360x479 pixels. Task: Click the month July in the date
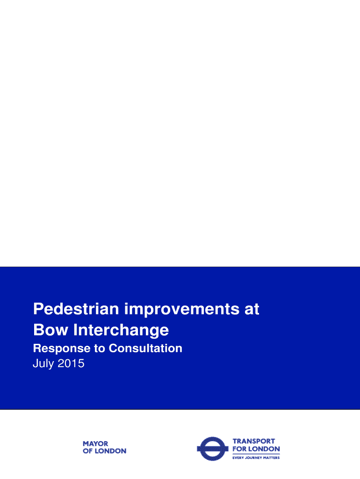coord(43,363)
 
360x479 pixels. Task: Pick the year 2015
coord(71,363)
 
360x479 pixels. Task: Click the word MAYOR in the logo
coord(95,443)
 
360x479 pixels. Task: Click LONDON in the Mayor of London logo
coord(111,451)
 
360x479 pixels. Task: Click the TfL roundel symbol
coord(213,449)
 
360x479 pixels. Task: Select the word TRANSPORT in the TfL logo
coord(254,441)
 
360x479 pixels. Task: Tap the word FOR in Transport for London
coord(239,449)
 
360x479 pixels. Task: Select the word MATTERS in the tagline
coord(272,457)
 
